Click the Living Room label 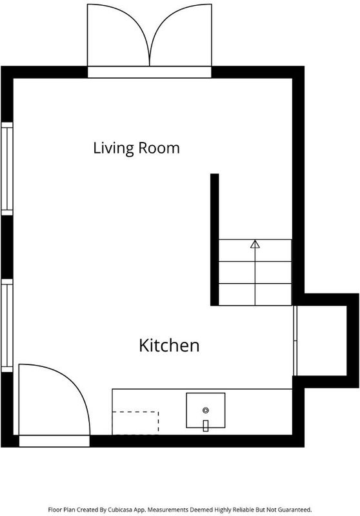pos(136,148)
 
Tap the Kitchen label pos(169,346)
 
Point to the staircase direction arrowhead pos(255,244)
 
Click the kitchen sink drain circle pos(206,410)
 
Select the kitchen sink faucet pos(206,426)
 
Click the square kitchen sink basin pos(206,410)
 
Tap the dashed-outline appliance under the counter pos(135,423)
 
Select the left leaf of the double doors pos(119,35)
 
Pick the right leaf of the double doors pos(181,35)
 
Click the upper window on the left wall pos(7,169)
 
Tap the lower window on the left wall pos(7,326)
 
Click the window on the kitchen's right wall pos(295,341)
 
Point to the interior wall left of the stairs pos(215,239)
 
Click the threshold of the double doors pos(150,72)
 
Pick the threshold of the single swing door pos(54,441)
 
